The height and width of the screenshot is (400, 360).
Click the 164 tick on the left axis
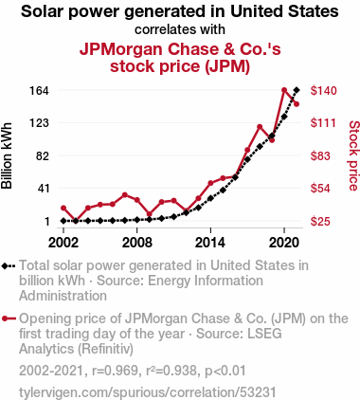(x=39, y=91)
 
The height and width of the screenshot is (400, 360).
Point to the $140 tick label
(x=323, y=91)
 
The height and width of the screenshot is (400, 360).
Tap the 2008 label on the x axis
(x=137, y=243)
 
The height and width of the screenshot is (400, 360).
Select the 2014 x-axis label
(x=210, y=243)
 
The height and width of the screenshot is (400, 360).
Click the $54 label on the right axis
(x=320, y=189)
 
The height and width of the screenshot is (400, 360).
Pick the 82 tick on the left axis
(x=44, y=156)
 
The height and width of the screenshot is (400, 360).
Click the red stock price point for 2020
(x=284, y=90)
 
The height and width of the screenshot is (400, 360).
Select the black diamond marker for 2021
(x=297, y=90)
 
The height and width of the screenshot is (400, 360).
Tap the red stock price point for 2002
(x=63, y=208)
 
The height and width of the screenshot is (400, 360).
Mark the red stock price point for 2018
(x=260, y=127)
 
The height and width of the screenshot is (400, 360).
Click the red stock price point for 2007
(x=125, y=195)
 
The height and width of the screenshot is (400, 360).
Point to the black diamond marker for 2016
(x=235, y=177)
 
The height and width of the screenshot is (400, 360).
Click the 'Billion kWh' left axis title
(x=7, y=155)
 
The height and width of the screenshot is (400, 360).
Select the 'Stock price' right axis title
(x=353, y=155)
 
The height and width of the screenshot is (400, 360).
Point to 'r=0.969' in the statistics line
(x=115, y=371)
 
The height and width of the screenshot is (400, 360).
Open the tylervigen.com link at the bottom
(x=148, y=392)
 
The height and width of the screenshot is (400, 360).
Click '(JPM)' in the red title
(x=227, y=66)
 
